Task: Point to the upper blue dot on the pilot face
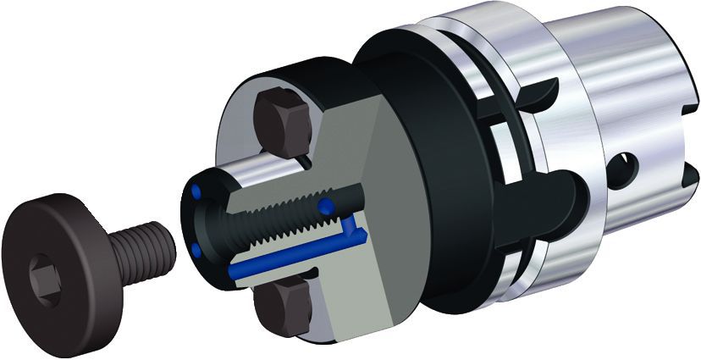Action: [x=198, y=192]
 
